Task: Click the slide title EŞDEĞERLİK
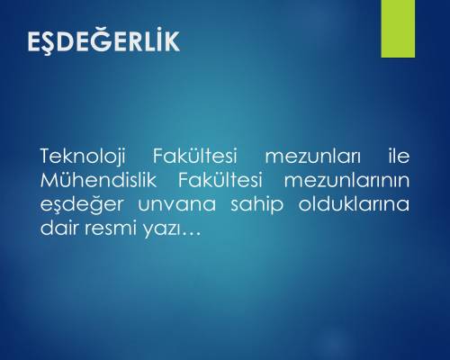(x=103, y=40)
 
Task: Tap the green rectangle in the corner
(x=398, y=29)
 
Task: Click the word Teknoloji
(x=83, y=157)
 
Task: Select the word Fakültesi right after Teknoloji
(x=195, y=156)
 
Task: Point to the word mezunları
(x=312, y=157)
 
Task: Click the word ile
(x=399, y=156)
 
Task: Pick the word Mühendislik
(x=98, y=180)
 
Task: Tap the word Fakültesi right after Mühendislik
(x=220, y=180)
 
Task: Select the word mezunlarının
(x=346, y=180)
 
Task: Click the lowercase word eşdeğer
(x=82, y=204)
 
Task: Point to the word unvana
(x=176, y=204)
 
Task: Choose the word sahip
(x=256, y=204)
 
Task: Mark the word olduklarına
(x=354, y=203)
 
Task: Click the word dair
(x=59, y=228)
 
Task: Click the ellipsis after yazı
(x=191, y=234)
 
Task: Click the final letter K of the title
(x=172, y=40)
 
